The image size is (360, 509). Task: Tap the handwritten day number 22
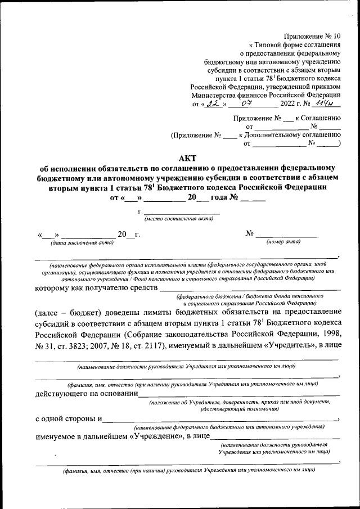[212, 103]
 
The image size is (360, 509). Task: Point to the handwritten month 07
[245, 103]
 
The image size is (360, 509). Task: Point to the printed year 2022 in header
[291, 104]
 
